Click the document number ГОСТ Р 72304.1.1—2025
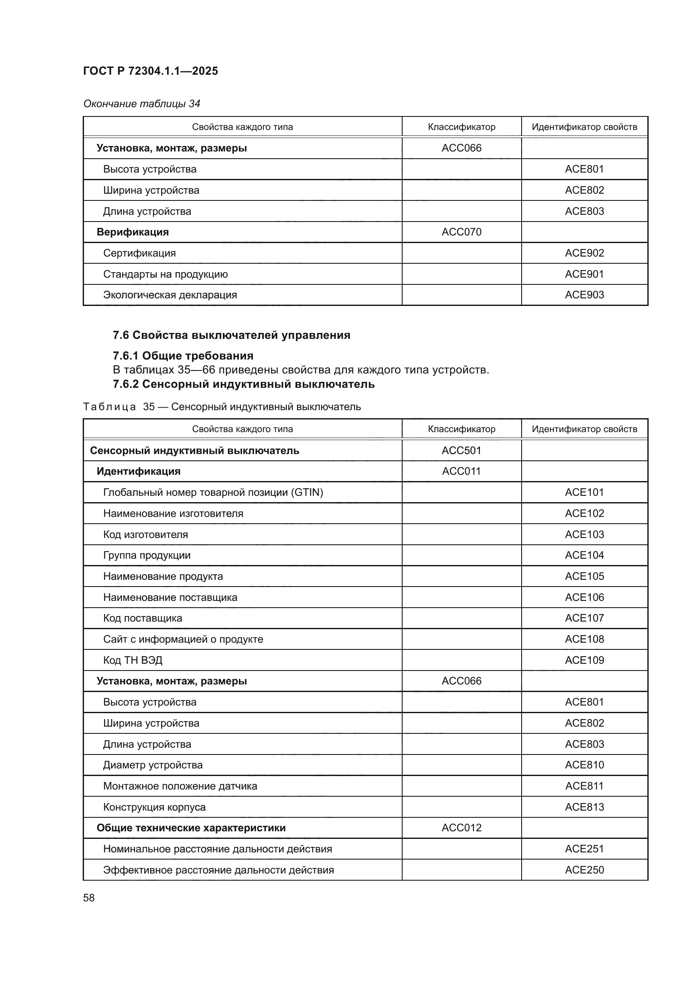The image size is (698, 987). click(150, 71)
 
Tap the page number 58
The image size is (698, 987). click(89, 898)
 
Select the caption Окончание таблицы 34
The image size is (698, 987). click(141, 104)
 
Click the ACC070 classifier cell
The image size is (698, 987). click(461, 232)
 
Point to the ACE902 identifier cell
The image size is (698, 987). click(584, 253)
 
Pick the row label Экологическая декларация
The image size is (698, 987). click(170, 295)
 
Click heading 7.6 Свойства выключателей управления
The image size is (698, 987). click(231, 335)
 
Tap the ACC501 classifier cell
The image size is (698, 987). click(461, 451)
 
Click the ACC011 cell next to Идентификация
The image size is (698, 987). click(461, 471)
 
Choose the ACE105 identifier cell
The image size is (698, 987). click(584, 576)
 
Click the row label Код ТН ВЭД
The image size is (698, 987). click(133, 660)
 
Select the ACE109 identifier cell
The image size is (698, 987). click(584, 660)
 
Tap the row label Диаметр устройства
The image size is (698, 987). click(153, 765)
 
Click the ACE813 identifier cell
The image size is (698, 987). click(584, 807)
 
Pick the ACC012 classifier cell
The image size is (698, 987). click(461, 827)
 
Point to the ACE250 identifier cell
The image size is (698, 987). click(584, 870)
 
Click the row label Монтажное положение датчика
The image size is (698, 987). click(180, 786)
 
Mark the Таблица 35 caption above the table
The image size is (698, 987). click(222, 407)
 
